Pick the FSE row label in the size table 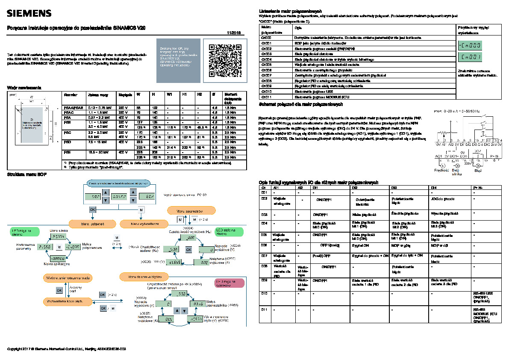(68, 152)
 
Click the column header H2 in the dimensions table (199, 94)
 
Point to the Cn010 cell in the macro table (267, 91)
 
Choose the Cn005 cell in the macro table (267, 64)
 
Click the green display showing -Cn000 (470, 45)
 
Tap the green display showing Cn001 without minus (470, 56)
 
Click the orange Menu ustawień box (93, 224)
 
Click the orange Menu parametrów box (188, 211)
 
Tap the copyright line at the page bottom (67, 349)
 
